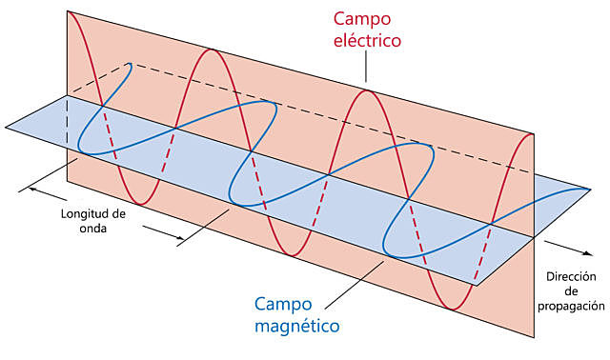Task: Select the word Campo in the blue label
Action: (x=284, y=305)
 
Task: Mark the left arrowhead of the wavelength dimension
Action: (x=32, y=189)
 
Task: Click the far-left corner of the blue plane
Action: (x=5, y=125)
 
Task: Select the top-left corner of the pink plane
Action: (x=66, y=12)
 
